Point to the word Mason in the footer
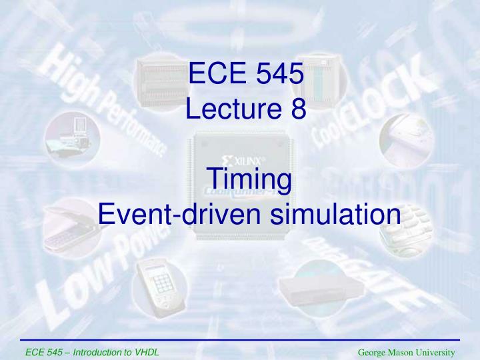click(401, 351)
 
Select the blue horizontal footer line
click(240, 341)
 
